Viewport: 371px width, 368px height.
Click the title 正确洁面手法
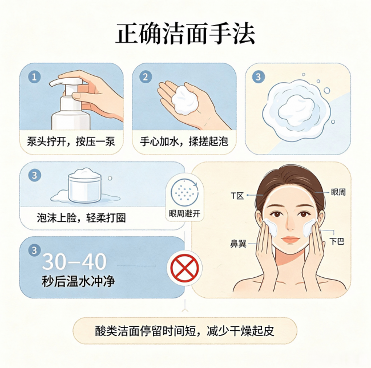tap(185, 33)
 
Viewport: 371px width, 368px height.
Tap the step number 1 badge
tap(34, 77)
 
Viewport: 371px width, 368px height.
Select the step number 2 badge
tap(146, 77)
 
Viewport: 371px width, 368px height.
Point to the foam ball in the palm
tap(185, 100)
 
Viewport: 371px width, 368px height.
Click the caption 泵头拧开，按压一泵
tap(71, 141)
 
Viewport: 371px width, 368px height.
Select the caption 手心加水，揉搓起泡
tap(184, 141)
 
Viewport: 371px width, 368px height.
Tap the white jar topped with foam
tap(84, 187)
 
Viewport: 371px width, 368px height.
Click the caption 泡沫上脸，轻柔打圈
tap(81, 217)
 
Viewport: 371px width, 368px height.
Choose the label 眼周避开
tap(184, 213)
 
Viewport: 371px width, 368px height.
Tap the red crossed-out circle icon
tap(184, 268)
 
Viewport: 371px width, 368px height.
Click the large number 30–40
tap(74, 261)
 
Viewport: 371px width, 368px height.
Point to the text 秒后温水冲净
tap(78, 281)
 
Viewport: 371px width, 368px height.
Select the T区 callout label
tap(237, 196)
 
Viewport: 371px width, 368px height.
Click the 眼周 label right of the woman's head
tap(338, 192)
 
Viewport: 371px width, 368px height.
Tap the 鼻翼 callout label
tap(238, 244)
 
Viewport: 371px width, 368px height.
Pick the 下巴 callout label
tap(337, 241)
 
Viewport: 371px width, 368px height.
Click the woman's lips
tap(291, 239)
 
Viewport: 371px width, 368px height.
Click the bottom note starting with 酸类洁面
tap(185, 331)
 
